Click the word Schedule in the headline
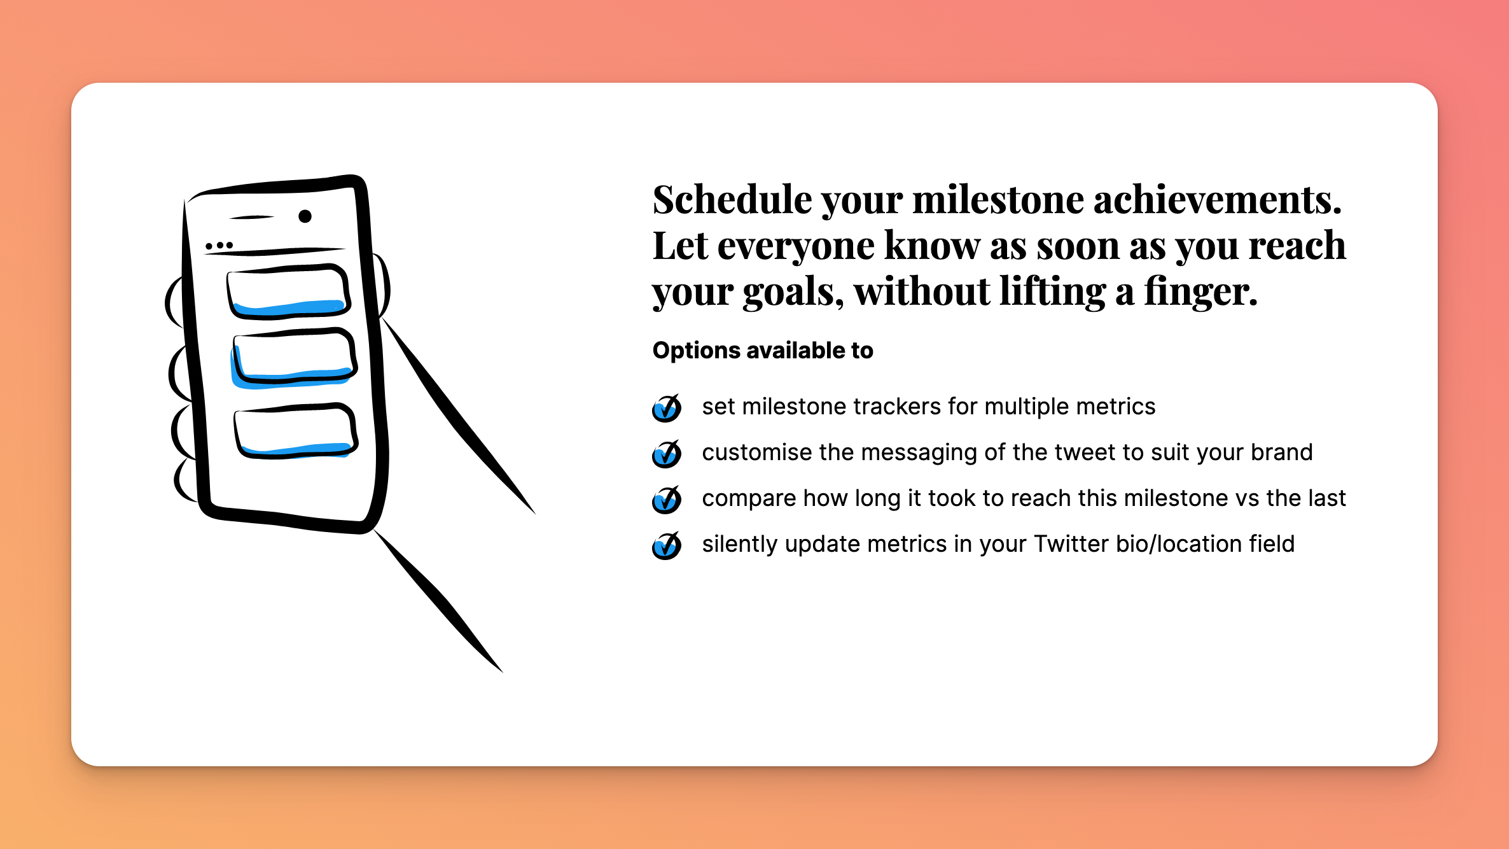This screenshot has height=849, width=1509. [x=732, y=200]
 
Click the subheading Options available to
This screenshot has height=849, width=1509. [x=763, y=351]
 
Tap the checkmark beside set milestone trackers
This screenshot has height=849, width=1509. [x=667, y=408]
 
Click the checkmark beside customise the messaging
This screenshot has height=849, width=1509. [x=667, y=454]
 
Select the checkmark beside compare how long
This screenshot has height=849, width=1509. [x=667, y=500]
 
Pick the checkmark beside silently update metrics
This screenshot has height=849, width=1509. [x=667, y=545]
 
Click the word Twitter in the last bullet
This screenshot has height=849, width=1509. [x=1071, y=544]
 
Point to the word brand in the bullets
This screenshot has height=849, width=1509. [x=1281, y=453]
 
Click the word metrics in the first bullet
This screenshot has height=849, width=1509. [x=1114, y=407]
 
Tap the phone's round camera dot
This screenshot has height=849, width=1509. [x=305, y=216]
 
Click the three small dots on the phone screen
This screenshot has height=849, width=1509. [x=219, y=245]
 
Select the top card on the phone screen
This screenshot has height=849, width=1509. [x=288, y=291]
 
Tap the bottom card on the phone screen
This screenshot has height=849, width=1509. [x=296, y=431]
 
